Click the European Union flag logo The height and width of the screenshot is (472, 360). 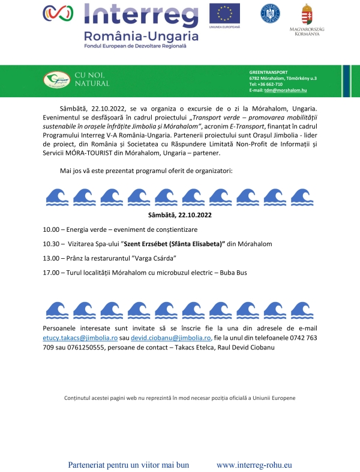click(x=224, y=13)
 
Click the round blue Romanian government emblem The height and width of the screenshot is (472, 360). click(x=270, y=13)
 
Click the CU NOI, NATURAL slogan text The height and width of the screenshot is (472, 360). click(x=92, y=79)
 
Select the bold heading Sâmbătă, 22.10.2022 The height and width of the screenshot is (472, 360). click(x=180, y=214)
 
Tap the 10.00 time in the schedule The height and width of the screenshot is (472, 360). click(x=52, y=230)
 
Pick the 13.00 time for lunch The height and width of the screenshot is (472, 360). click(x=52, y=258)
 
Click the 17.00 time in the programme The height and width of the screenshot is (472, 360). click(x=52, y=273)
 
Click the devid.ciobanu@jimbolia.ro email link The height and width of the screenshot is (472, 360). click(x=172, y=338)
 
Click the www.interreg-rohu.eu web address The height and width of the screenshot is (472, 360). click(x=254, y=465)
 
